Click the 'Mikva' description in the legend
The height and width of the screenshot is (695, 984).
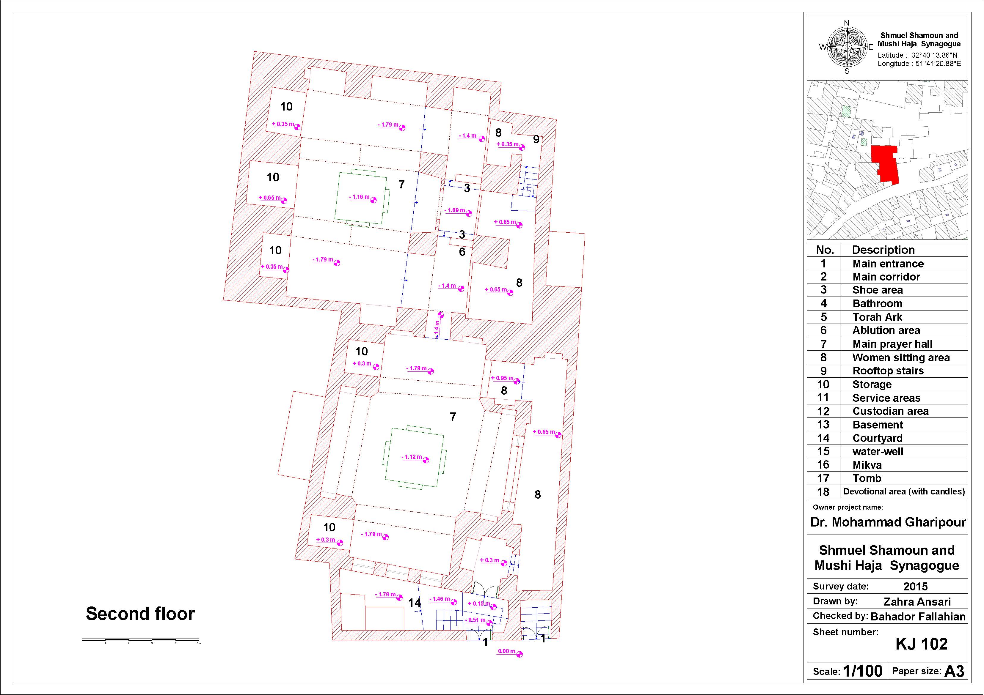867,465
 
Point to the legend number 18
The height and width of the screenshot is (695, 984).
823,492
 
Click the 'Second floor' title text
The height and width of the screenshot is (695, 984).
140,614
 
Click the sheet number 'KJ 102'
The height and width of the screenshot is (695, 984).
922,644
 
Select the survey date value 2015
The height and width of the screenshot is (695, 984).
915,587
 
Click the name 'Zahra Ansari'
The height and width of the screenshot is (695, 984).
917,602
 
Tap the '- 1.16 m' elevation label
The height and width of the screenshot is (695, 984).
359,197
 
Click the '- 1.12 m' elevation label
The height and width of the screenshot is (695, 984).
412,457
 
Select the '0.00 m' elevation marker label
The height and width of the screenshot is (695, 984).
507,651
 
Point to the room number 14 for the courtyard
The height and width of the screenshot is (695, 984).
415,603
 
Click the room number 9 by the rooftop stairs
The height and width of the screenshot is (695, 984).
536,139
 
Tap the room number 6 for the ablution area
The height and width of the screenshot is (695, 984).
462,252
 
